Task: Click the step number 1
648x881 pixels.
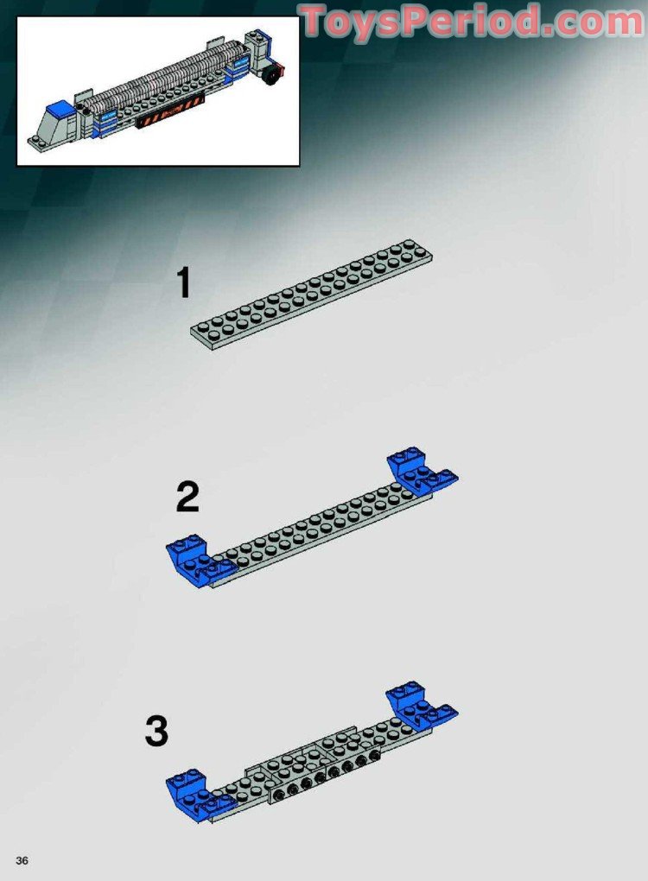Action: (x=183, y=283)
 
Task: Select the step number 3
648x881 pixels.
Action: (x=156, y=732)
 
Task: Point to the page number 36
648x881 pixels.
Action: (x=22, y=860)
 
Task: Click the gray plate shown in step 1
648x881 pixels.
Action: (x=311, y=295)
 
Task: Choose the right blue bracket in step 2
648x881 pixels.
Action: (x=420, y=472)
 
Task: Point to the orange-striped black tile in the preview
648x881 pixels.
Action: (x=168, y=113)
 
